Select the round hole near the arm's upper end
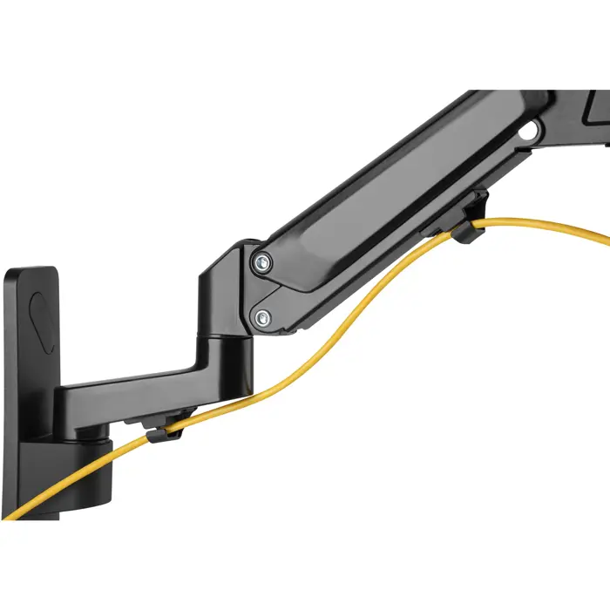527,133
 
